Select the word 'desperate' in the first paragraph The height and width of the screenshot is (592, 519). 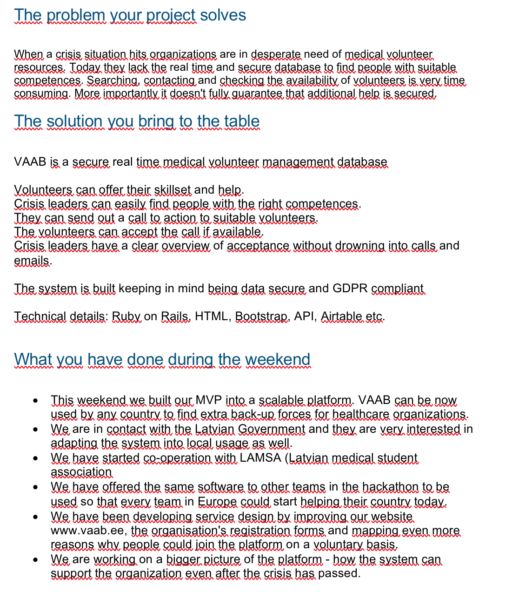[x=276, y=54]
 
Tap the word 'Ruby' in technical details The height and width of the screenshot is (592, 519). [x=126, y=316]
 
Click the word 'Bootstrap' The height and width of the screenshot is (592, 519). [x=261, y=316]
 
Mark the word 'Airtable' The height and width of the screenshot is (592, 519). [x=341, y=316]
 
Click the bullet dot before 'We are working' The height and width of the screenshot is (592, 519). [x=36, y=560]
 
